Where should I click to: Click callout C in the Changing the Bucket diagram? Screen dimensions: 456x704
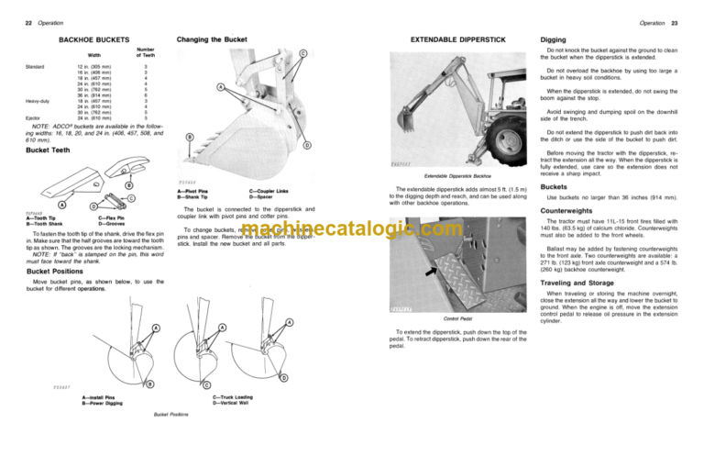coord(303,52)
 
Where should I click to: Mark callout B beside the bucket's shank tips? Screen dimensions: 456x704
coord(190,139)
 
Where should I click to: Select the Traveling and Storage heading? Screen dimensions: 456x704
coord(586,284)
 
